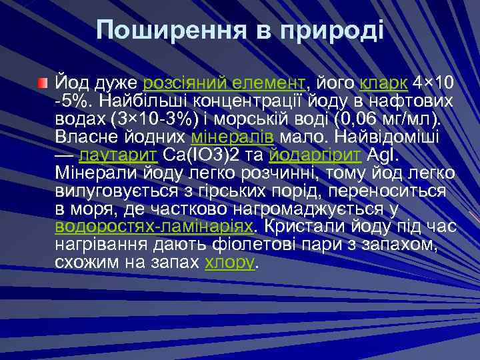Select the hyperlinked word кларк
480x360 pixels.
click(x=385, y=83)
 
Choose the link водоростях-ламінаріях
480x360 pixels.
click(x=154, y=226)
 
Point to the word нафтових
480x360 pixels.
click(x=417, y=101)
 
